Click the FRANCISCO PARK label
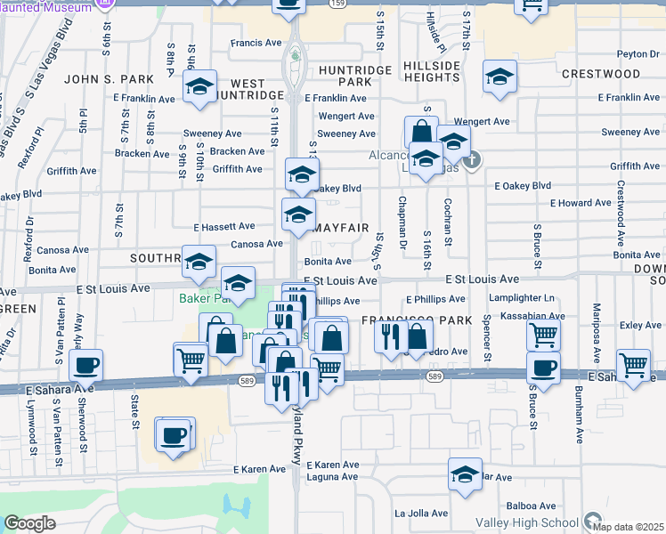click(404, 318)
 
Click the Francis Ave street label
click(256, 43)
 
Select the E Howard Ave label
click(581, 203)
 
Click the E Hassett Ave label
click(230, 227)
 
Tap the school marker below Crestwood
click(499, 77)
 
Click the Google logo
click(29, 523)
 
